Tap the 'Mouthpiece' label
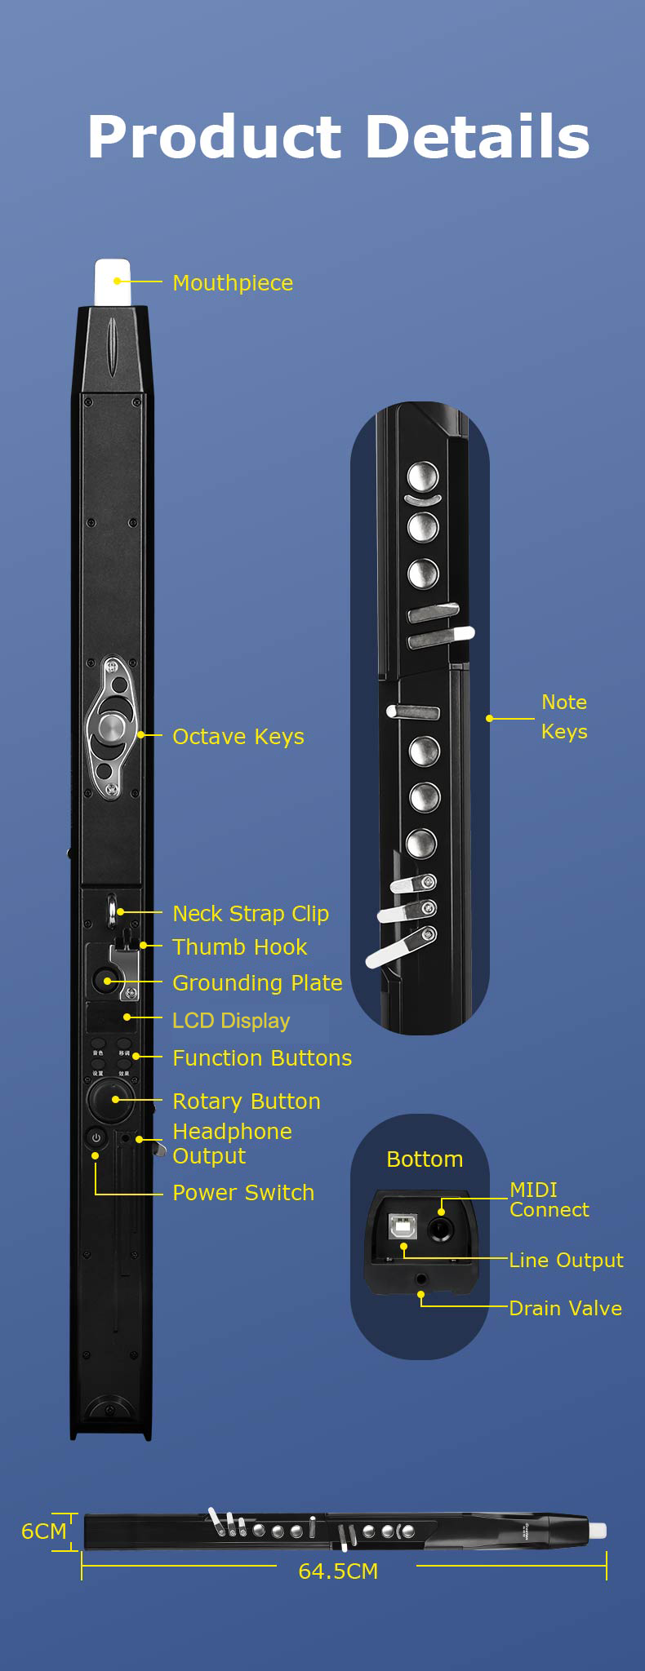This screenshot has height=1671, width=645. [233, 283]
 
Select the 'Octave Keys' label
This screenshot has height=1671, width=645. [238, 737]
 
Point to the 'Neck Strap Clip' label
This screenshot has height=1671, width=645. [251, 914]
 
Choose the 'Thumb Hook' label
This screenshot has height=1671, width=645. [240, 947]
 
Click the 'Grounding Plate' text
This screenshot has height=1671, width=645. [257, 983]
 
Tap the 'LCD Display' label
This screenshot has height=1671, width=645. [231, 1021]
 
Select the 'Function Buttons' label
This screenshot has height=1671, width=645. [262, 1058]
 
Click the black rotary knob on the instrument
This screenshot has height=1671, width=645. [109, 1100]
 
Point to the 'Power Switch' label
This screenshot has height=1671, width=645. [243, 1193]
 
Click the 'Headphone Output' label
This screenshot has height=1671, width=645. [232, 1144]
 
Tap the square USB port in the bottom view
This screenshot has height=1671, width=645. [402, 1226]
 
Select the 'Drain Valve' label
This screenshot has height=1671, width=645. [565, 1309]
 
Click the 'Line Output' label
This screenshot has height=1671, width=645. [566, 1261]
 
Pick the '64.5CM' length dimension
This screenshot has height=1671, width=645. [338, 1571]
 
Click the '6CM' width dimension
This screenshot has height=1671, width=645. [44, 1531]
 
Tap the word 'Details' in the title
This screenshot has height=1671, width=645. [477, 137]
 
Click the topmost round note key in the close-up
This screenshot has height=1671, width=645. [423, 476]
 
